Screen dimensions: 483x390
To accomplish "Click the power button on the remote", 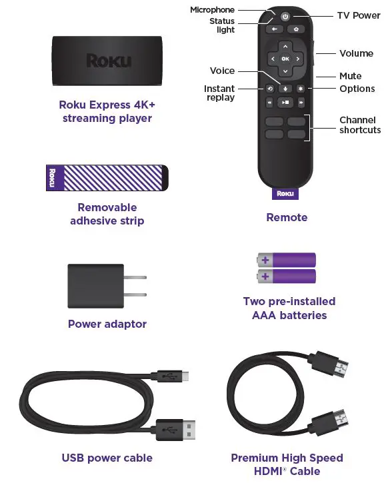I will point(285,17).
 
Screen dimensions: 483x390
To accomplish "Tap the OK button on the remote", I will point(285,59).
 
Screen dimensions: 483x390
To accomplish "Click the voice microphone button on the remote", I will point(285,88).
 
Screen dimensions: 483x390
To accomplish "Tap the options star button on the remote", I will point(300,88).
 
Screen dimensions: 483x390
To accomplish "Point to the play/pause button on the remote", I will point(285,103).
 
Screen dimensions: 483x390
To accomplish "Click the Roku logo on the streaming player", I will point(107,61).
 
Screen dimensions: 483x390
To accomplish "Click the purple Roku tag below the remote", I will point(285,194).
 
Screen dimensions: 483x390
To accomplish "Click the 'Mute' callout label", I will point(350,77).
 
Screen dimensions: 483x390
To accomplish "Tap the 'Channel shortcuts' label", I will point(359,125).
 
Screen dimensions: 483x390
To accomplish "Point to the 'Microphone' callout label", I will point(212,10).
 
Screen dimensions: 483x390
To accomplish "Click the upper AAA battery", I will point(287,259).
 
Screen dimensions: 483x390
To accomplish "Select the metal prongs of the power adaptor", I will point(136,286).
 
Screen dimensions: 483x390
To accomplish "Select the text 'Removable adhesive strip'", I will point(107,214).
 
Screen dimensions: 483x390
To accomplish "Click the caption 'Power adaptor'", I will point(107,324).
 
